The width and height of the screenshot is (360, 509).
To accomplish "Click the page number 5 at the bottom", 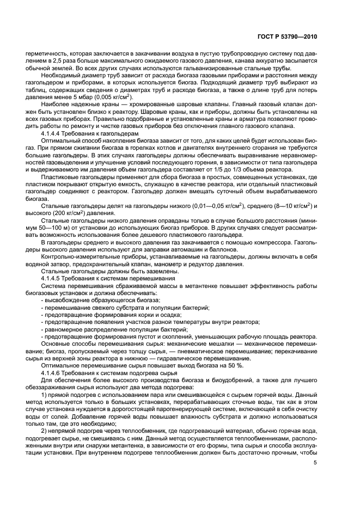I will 315,463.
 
